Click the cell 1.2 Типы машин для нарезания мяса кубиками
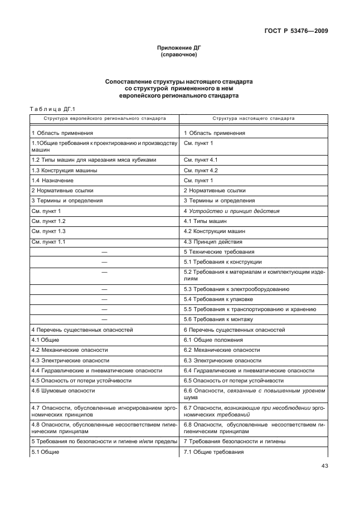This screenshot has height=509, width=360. pos(94,160)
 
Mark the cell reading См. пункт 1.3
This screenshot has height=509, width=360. pos(49,231)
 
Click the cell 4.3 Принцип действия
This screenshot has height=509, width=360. pos(213,241)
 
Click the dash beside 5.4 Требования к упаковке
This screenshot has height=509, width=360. pos(104,299)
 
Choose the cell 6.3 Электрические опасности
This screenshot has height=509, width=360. pos(222,360)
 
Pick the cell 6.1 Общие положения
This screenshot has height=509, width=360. pos(213,340)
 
